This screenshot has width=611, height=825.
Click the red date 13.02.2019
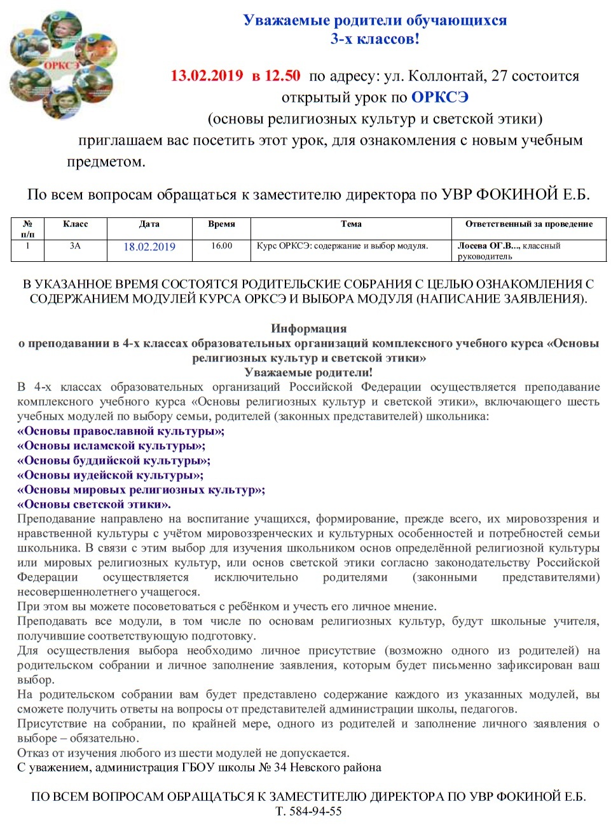[207, 76]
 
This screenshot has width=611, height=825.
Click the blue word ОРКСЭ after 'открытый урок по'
[440, 97]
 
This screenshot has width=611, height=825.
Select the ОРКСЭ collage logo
[62, 65]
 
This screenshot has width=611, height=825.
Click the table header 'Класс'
[75, 224]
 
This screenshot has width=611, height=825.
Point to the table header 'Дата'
[149, 224]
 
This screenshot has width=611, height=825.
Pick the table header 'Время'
[221, 224]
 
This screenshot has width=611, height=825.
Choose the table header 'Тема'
[351, 224]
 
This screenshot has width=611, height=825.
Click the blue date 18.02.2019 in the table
[149, 247]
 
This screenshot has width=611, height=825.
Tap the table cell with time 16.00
[221, 246]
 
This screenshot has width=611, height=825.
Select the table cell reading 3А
[75, 246]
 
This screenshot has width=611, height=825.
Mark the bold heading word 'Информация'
[309, 329]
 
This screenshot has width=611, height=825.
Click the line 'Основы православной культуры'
[121, 431]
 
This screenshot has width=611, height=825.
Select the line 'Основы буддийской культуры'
[114, 460]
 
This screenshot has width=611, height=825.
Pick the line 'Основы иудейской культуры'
[111, 475]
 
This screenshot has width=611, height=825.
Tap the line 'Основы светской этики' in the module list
[94, 504]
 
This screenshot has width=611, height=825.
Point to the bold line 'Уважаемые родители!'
[309, 372]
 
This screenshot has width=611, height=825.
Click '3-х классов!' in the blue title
[374, 39]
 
